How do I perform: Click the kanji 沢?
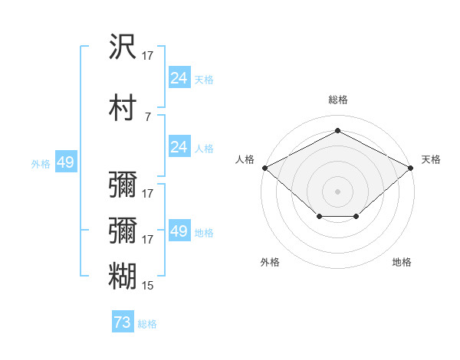click(123, 46)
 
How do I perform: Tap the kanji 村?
click(123, 107)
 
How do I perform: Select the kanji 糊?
click(123, 276)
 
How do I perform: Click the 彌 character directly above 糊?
click(123, 230)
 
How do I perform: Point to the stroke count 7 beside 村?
click(148, 117)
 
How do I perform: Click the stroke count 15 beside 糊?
click(147, 286)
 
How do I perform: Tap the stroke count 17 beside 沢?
click(147, 56)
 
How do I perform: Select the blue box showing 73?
click(123, 321)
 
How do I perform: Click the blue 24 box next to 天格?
click(179, 77)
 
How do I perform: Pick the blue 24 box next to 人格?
click(179, 146)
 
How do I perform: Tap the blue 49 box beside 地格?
click(179, 230)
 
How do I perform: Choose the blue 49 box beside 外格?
click(66, 162)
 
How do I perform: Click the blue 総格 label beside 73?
click(147, 324)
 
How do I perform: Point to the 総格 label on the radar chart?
click(338, 100)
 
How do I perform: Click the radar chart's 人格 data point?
click(265, 168)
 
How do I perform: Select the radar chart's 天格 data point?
click(411, 168)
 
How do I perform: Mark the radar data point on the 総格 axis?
click(337, 130)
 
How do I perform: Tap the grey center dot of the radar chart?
click(337, 191)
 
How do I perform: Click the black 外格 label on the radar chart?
click(270, 262)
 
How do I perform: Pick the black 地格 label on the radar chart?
click(402, 262)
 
